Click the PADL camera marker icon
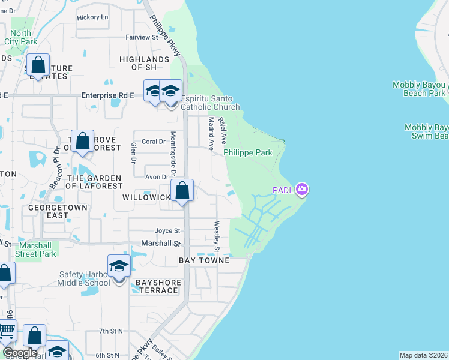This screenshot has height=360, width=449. (x=302, y=190)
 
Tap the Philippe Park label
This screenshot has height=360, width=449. (x=248, y=153)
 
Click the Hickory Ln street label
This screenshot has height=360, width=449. (x=92, y=17)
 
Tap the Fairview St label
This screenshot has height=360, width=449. (x=141, y=37)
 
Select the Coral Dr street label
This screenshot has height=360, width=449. (x=154, y=142)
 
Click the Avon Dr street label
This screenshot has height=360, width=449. (x=157, y=177)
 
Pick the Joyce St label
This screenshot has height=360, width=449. (x=167, y=230)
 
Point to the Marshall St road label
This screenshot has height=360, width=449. (x=161, y=244)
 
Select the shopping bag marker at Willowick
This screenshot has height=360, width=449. (x=182, y=192)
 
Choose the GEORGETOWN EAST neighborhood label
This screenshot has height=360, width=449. (x=58, y=211)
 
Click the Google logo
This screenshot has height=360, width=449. (x=20, y=353)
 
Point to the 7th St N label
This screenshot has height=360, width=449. (x=111, y=331)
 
